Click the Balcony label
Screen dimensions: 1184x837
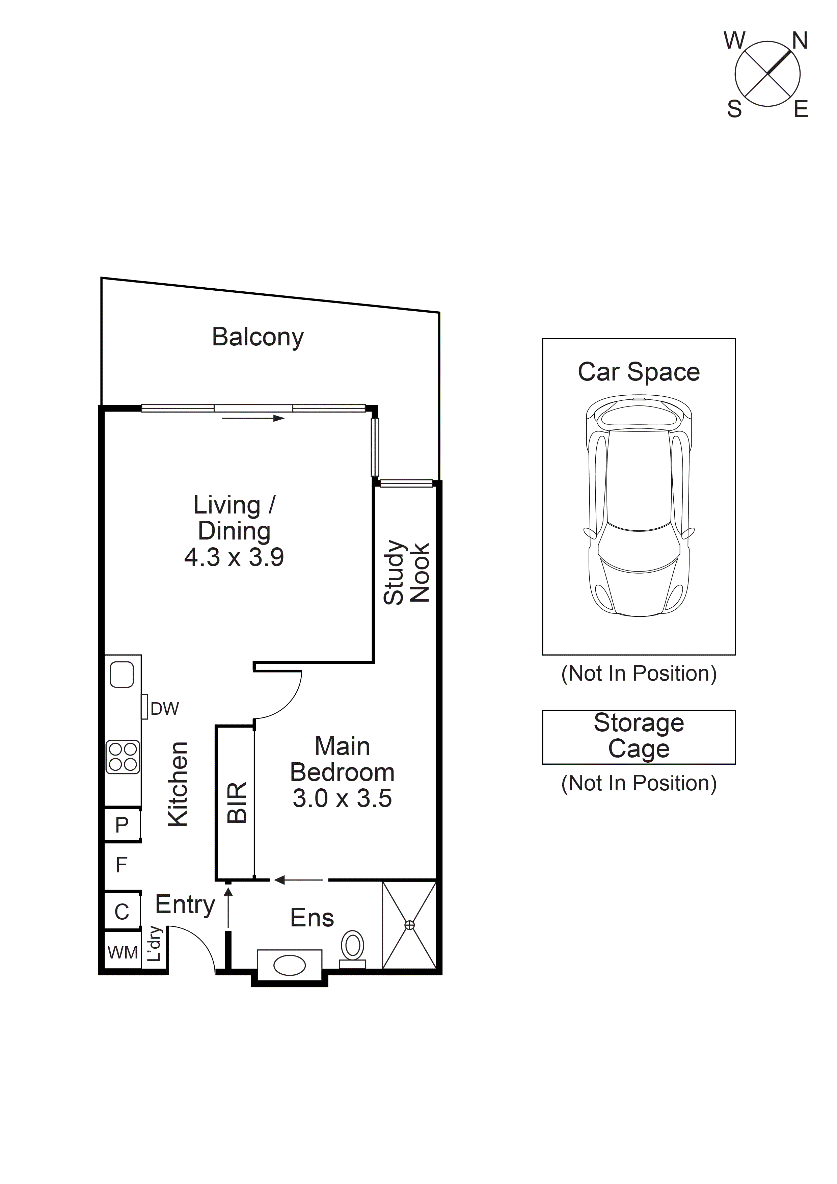tap(258, 337)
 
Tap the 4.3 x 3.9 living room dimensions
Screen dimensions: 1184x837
tap(234, 557)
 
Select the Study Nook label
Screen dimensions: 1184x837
tap(407, 572)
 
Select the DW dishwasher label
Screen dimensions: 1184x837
tap(164, 709)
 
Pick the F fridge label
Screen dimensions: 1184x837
tap(121, 865)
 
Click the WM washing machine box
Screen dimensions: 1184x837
tap(123, 952)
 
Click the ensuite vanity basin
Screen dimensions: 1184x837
tap(289, 965)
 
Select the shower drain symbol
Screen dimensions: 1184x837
tap(409, 925)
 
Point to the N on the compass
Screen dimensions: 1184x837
tap(800, 41)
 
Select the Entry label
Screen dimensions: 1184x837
tap(185, 904)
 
